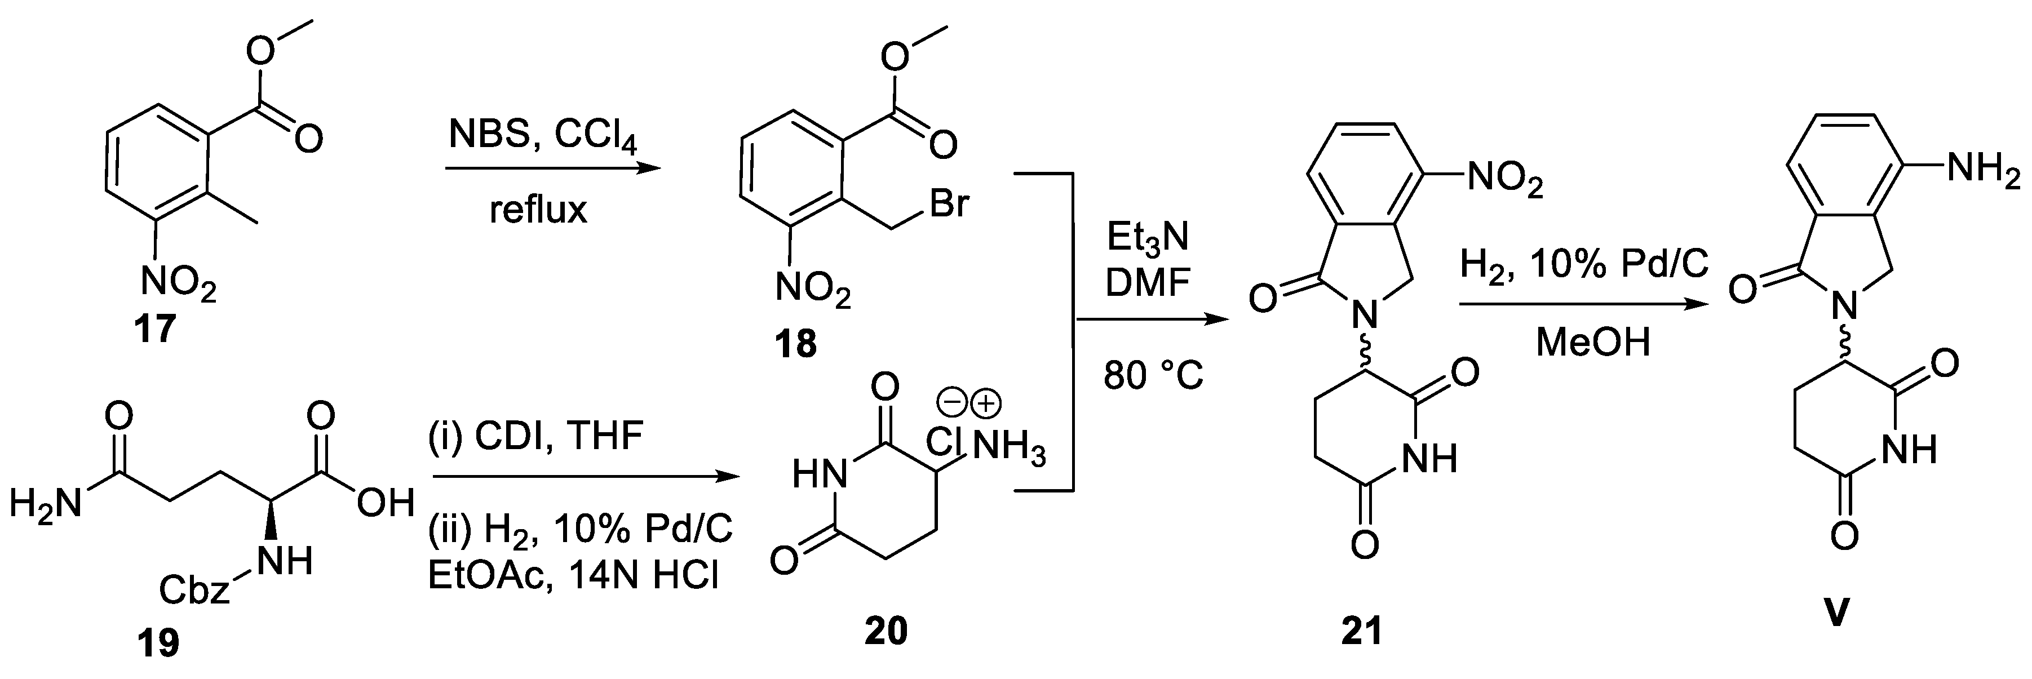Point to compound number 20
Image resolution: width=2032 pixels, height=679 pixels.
tap(886, 631)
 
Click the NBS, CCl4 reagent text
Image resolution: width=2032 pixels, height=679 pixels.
tap(543, 136)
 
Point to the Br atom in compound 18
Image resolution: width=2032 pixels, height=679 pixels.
tap(949, 204)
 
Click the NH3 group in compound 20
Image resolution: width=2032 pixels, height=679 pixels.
tap(1009, 448)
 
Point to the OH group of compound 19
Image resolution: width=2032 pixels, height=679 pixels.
tap(385, 503)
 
